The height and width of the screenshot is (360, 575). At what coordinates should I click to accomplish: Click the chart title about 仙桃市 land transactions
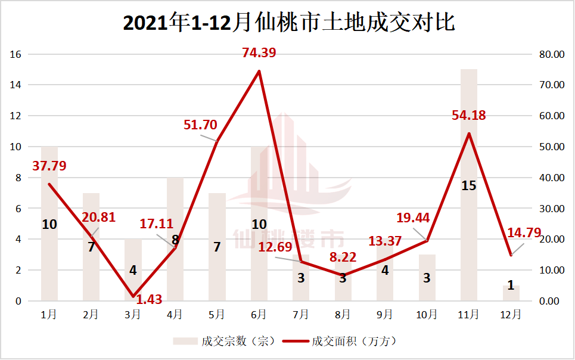click(x=288, y=23)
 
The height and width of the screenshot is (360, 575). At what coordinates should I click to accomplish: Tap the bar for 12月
click(x=511, y=293)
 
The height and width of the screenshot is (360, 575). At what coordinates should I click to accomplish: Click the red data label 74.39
click(x=259, y=53)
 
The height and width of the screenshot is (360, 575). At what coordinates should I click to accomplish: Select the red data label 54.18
click(x=469, y=115)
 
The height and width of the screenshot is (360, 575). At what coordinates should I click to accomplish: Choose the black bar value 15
click(x=469, y=186)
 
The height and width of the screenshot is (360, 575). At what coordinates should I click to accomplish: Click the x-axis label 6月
click(x=259, y=315)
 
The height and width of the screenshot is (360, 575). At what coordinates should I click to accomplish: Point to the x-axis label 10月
click(x=427, y=315)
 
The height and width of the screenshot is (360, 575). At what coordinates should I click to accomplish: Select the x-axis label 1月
click(x=49, y=315)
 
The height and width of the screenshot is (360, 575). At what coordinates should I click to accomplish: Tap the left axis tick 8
click(x=18, y=178)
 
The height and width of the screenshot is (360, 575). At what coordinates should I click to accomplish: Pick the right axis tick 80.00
click(x=551, y=54)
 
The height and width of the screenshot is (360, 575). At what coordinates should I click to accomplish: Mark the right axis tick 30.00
click(x=551, y=209)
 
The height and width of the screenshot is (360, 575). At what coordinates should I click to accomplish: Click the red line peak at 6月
click(x=259, y=72)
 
